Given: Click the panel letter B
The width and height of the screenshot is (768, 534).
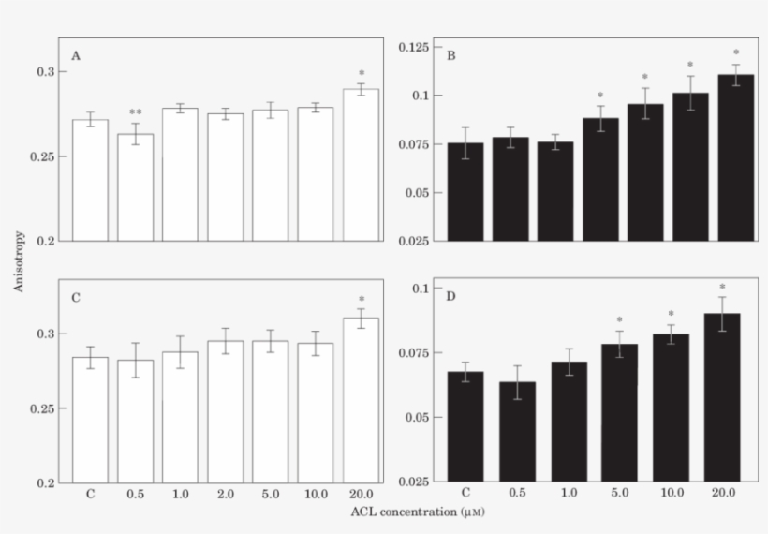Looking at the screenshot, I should pos(450,56).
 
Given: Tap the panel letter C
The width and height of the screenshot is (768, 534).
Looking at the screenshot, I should pos(76,298).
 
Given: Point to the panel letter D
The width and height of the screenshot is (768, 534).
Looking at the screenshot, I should pos(450,298).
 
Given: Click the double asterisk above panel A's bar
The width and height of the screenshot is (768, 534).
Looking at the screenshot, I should pos(136,113).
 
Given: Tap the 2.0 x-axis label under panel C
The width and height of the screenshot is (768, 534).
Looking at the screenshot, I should pos(225,494).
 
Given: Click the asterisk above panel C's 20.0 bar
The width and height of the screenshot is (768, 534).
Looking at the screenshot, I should pos(361,301).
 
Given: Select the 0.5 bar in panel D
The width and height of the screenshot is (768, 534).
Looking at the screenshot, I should pos(510,432).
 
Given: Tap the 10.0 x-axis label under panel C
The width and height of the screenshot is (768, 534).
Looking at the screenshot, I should pos(316,494).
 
